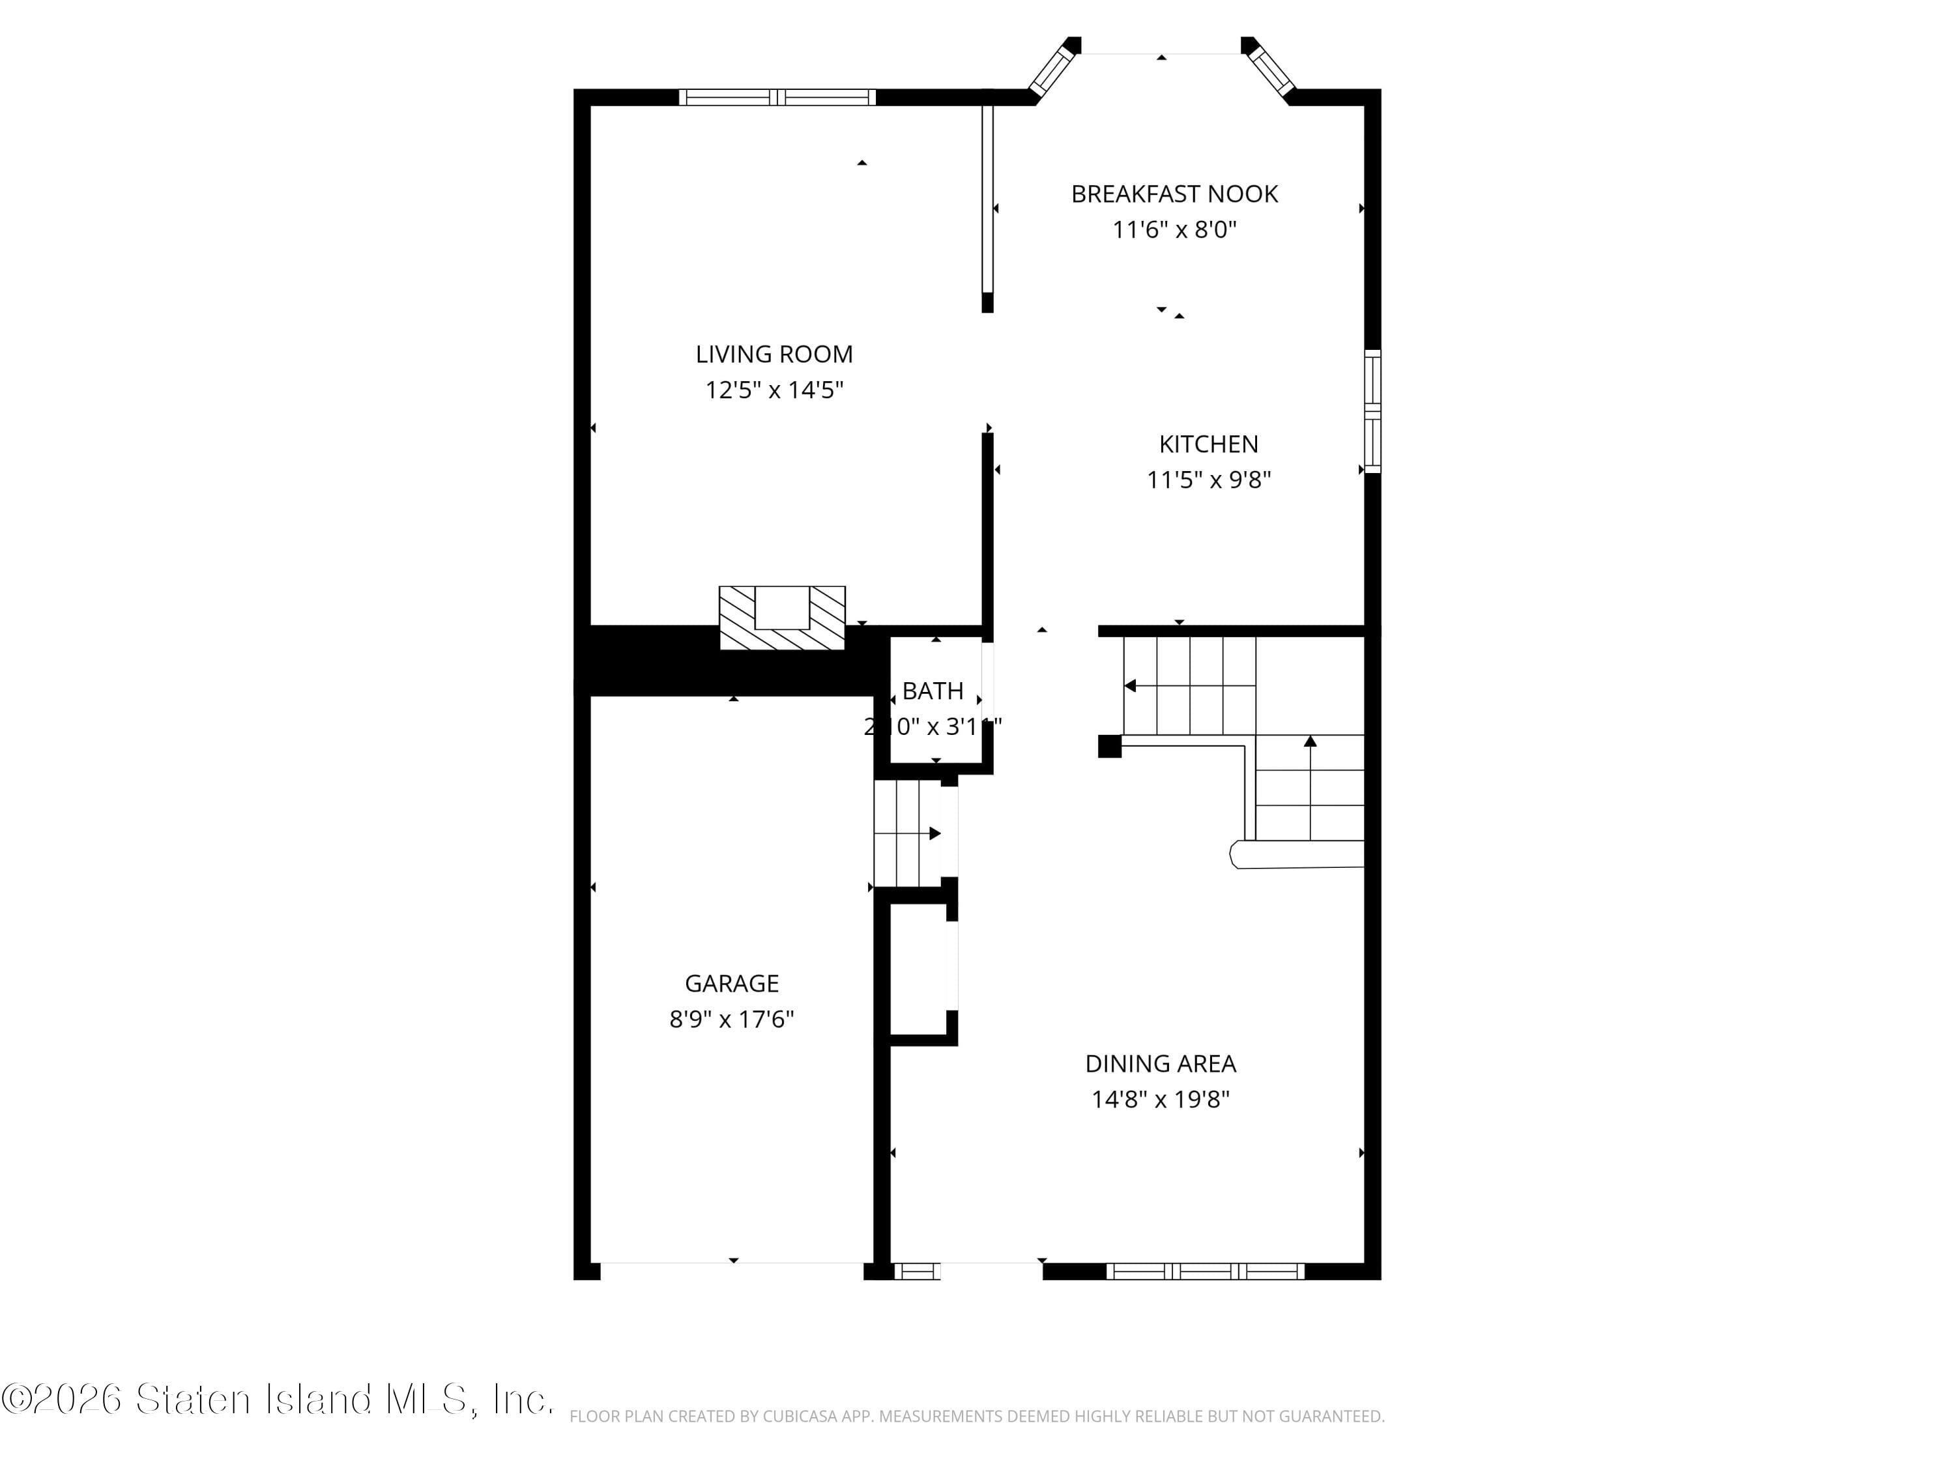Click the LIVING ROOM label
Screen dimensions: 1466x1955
click(774, 354)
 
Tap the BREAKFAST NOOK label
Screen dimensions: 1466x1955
click(1174, 194)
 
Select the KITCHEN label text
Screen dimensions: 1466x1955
click(1208, 444)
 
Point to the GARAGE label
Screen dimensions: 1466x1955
click(732, 983)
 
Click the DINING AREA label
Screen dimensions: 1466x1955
click(1161, 1064)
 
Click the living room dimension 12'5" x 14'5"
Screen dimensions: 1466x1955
click(774, 390)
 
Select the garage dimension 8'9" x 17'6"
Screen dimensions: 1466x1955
click(732, 1020)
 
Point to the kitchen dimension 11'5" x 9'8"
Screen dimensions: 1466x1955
click(1208, 480)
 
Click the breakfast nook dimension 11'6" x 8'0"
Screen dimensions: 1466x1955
click(1174, 231)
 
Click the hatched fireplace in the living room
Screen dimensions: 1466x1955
click(782, 618)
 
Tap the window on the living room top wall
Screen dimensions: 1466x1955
click(777, 97)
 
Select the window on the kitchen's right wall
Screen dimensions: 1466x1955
click(1372, 411)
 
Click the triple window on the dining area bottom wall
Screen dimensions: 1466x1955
click(1205, 1271)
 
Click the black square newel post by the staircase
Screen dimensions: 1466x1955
click(1109, 747)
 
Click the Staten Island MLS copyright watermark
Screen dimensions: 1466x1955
click(278, 1400)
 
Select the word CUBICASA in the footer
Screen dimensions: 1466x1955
click(796, 1416)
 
